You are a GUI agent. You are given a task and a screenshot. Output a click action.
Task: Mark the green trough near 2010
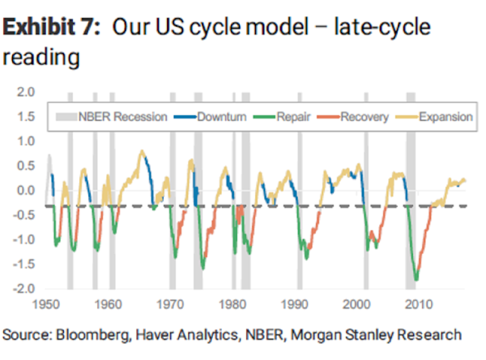(x=416, y=279)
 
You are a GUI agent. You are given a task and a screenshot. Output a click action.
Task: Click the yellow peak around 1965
(x=141, y=151)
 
